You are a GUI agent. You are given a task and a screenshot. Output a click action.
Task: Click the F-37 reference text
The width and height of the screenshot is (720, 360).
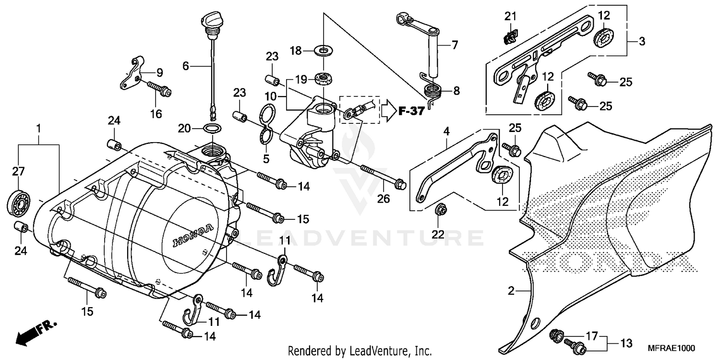click(x=411, y=112)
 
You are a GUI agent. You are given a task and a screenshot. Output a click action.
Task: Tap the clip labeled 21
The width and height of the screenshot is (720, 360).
click(x=511, y=36)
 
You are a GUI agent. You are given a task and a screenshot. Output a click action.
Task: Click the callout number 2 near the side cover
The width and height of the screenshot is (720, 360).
click(x=511, y=291)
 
